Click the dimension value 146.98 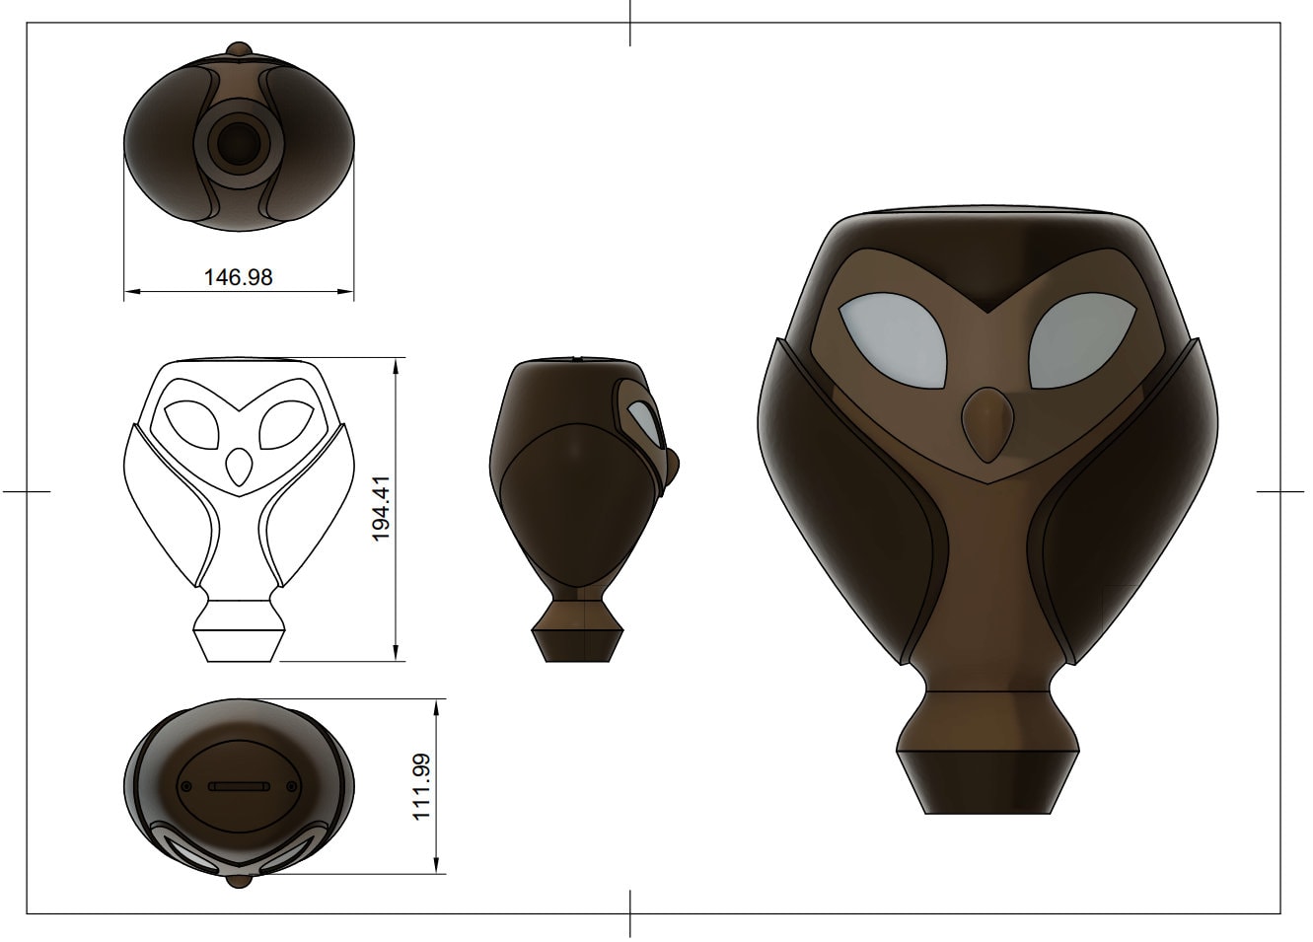tap(238, 277)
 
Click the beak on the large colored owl tap(987, 422)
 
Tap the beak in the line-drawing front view tap(238, 467)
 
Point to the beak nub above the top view tap(237, 48)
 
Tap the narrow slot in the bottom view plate tap(238, 786)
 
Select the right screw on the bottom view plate tap(290, 786)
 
